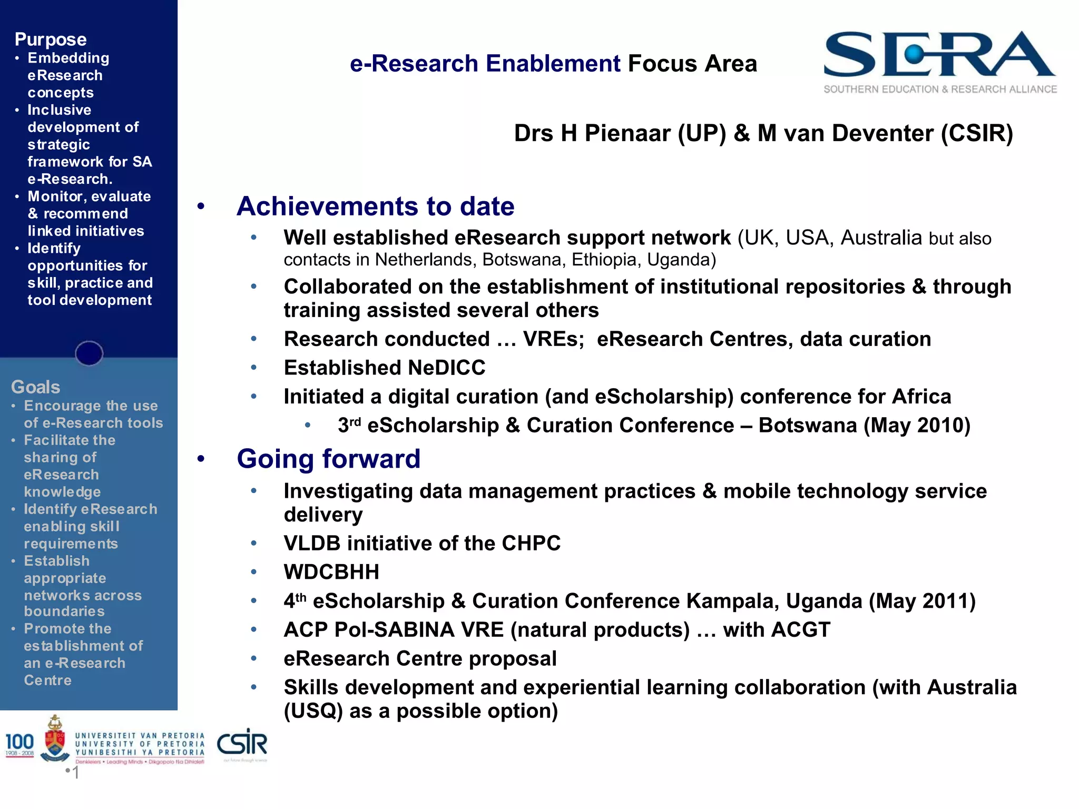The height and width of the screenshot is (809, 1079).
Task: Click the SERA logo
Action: coord(940,61)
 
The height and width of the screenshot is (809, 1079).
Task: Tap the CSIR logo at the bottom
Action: coord(242,744)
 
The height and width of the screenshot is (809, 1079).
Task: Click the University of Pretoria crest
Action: coord(55,739)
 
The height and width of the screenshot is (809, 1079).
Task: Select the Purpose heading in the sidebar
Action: coord(51,40)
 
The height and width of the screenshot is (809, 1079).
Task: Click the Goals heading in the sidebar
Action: coord(35,387)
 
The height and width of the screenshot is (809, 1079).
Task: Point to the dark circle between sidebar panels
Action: coord(89,353)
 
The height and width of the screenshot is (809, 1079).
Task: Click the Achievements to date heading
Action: coord(375,206)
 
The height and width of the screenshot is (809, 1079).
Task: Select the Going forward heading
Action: coord(328,459)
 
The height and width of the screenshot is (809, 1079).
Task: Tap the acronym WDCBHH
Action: coord(331,572)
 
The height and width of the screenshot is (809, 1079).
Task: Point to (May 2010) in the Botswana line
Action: coord(917,426)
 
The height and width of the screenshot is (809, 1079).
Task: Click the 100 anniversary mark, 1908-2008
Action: coord(19,744)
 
